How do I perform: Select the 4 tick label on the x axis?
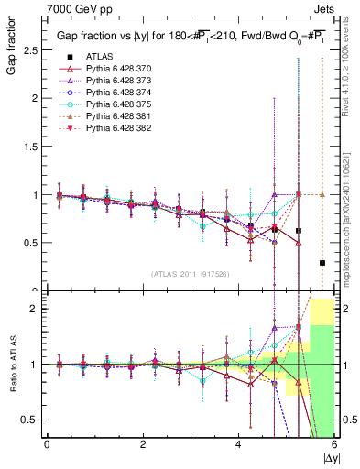[239, 444]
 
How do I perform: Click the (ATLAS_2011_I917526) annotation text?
[191, 275]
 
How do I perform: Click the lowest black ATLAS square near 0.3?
[322, 263]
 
